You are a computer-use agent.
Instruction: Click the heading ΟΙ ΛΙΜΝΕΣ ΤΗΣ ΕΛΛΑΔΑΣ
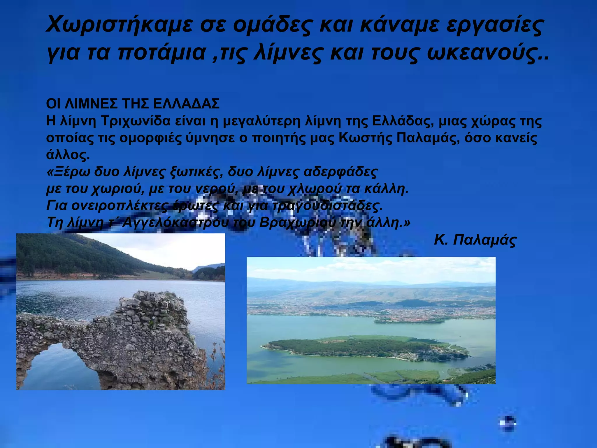click(133, 104)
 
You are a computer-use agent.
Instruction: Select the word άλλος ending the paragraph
click(68, 155)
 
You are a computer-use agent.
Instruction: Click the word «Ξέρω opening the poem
click(68, 172)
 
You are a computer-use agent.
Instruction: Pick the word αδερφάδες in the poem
click(340, 172)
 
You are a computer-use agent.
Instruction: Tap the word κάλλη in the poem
click(386, 189)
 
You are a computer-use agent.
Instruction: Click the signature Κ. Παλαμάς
click(475, 240)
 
